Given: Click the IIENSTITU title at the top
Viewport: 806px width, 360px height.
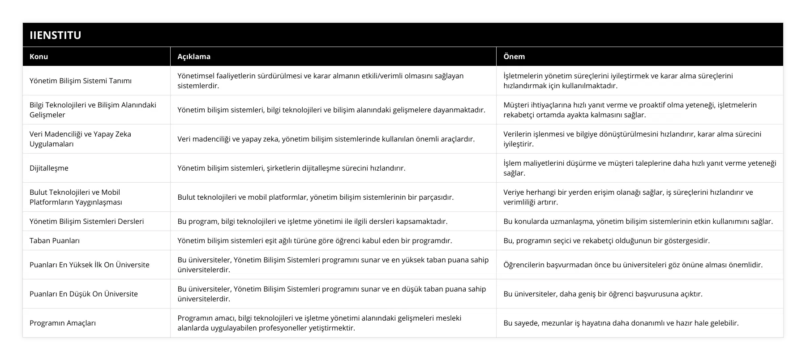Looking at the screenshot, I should click(55, 35).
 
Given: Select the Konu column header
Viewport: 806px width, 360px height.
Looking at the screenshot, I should click(39, 56).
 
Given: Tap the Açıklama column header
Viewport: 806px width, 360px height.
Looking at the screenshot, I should click(194, 56).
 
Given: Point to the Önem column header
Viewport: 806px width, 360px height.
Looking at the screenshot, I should click(514, 56).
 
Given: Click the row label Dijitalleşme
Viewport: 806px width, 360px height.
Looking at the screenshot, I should click(49, 168).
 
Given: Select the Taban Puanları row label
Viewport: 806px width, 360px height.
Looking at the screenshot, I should click(55, 240).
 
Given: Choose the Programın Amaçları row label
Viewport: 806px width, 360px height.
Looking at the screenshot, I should click(63, 323).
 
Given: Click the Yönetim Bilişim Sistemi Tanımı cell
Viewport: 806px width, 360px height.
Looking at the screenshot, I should click(81, 81).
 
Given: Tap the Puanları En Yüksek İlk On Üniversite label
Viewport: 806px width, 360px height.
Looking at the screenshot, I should click(90, 265).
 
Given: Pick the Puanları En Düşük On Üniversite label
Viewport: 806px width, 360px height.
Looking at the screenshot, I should click(84, 294).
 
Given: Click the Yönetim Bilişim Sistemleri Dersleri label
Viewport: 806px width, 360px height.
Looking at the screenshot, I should click(87, 221).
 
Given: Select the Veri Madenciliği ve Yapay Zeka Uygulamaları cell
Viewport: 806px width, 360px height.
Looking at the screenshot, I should click(81, 139).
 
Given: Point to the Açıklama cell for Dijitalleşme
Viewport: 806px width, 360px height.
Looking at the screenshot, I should click(292, 168).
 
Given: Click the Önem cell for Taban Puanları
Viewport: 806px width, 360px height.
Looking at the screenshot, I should click(606, 240).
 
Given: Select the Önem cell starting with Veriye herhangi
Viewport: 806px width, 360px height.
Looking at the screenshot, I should click(628, 197).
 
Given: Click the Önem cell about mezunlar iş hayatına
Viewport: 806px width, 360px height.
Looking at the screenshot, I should click(621, 323).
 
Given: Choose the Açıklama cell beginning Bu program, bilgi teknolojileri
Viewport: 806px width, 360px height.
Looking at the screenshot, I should click(313, 221).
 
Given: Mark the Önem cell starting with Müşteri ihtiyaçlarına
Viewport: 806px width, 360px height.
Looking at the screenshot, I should click(630, 110).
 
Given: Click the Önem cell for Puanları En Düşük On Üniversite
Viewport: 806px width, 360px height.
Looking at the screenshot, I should click(603, 294).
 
